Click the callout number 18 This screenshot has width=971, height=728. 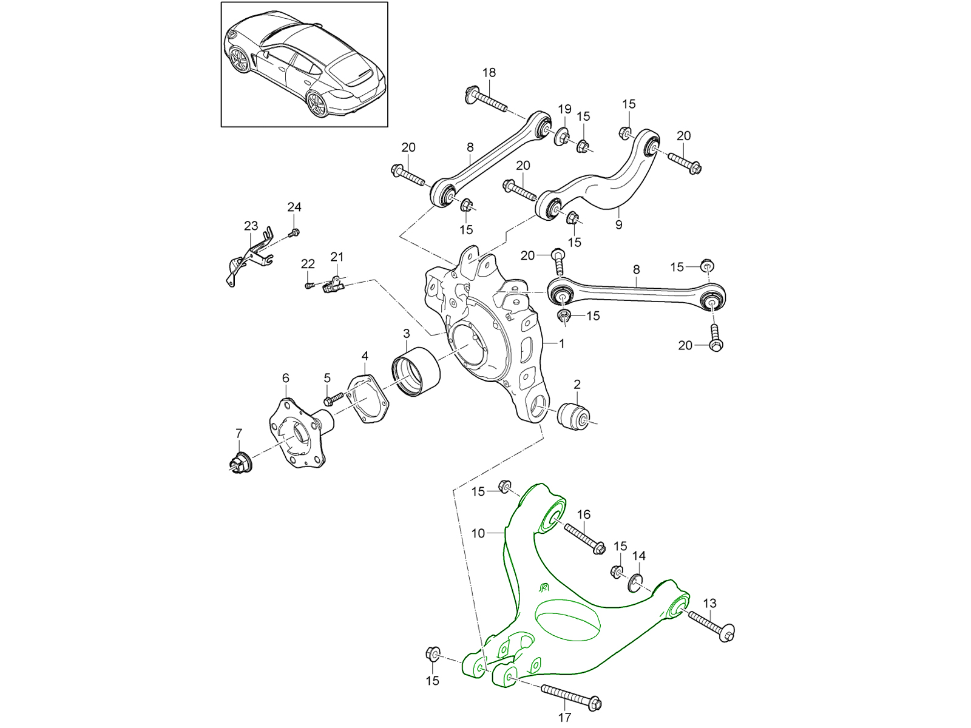coord(489,73)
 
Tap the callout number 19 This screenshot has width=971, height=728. coord(564,109)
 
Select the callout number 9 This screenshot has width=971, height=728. coord(618,225)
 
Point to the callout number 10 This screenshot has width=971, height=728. coord(478,533)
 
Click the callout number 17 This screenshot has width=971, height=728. coord(564,718)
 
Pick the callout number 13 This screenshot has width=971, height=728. coord(709,603)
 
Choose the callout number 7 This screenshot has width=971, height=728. coord(239,433)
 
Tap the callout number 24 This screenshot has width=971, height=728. coord(294,207)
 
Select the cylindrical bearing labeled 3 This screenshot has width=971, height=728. coord(416,372)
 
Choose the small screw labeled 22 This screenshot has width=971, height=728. coord(309,284)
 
